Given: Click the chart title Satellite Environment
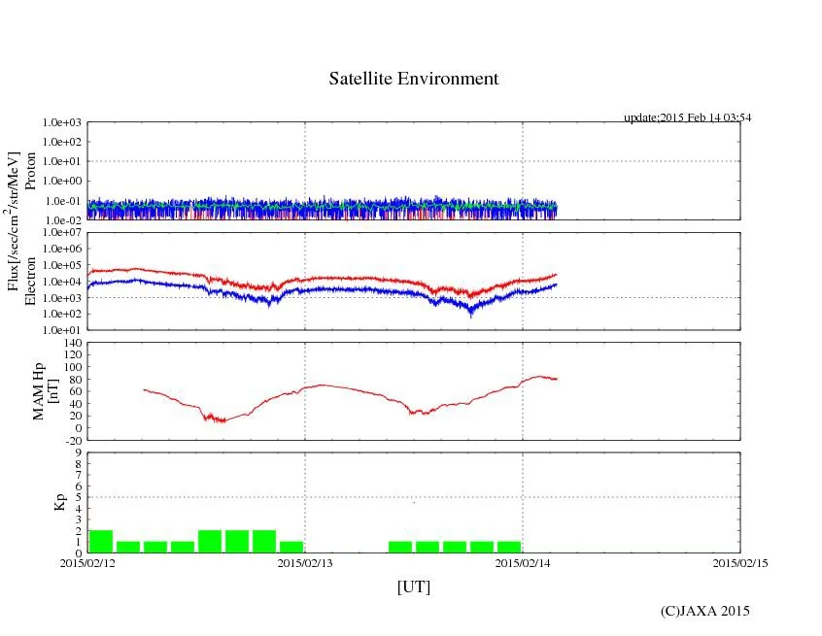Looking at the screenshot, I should (x=414, y=79).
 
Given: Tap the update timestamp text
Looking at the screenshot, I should (x=687, y=117).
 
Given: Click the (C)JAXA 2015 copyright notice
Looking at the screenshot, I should (x=704, y=611).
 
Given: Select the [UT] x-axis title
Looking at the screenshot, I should (x=413, y=586).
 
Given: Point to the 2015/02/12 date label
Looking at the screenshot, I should (x=87, y=562).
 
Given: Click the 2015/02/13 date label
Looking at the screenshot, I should (x=305, y=562).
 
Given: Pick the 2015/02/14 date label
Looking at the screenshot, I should (x=523, y=562).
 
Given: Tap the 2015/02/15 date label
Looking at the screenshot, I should (x=739, y=562).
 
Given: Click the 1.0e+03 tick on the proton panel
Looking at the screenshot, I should (x=63, y=123).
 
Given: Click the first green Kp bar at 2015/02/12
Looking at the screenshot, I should (x=101, y=542).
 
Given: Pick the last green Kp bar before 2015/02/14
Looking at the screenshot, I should (x=508, y=547).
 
